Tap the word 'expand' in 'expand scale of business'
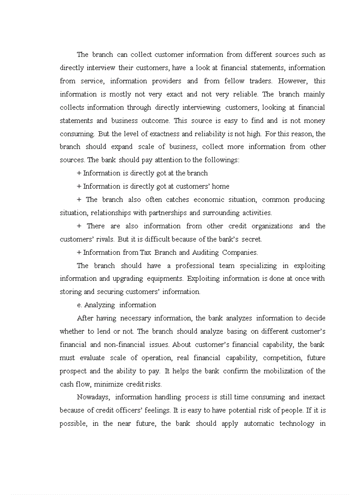pyautogui.click(x=120, y=147)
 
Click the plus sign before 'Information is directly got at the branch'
pyautogui.click(x=79, y=173)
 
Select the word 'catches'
pyautogui.click(x=177, y=200)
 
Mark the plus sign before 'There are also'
pyautogui.click(x=79, y=226)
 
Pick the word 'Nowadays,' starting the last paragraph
pyautogui.click(x=93, y=398)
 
